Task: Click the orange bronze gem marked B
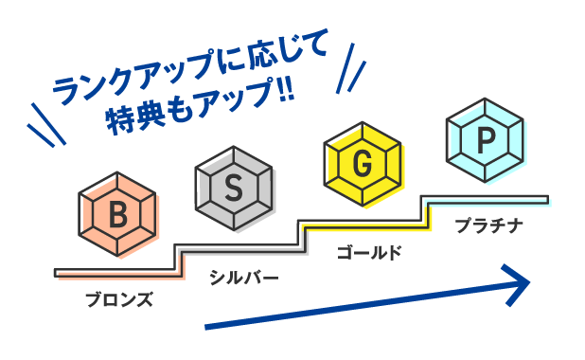[x=117, y=215]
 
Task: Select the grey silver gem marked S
[x=234, y=185]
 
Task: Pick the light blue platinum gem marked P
[x=486, y=140]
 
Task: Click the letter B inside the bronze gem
[x=117, y=215]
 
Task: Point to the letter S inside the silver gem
[x=234, y=185]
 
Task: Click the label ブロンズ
[x=118, y=299]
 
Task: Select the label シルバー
[x=244, y=278]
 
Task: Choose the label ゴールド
[x=369, y=252]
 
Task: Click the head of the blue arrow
[x=518, y=282]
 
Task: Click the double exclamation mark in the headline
[x=284, y=96]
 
